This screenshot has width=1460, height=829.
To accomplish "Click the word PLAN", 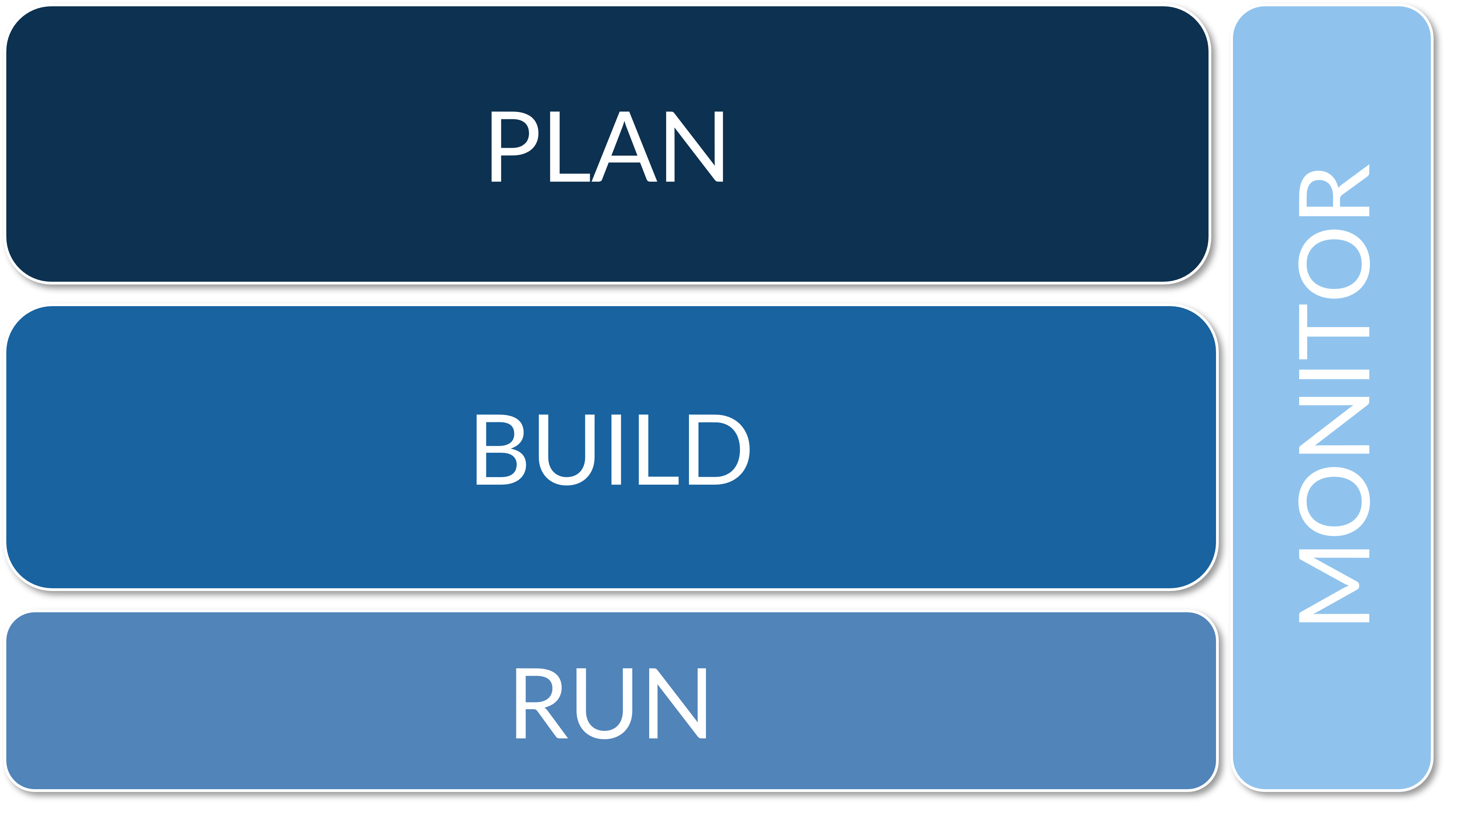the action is (x=607, y=147).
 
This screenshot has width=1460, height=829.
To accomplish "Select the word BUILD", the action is (x=613, y=450).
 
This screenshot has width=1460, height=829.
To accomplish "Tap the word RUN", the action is (x=611, y=704).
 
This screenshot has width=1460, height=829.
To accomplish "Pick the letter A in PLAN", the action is (x=624, y=147).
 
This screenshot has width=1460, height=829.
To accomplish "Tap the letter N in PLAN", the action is (x=695, y=147).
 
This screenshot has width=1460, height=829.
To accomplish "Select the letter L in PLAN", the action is (x=570, y=147).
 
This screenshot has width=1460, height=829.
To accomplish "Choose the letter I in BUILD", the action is (x=616, y=450).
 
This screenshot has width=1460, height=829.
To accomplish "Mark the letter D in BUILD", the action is (x=719, y=450).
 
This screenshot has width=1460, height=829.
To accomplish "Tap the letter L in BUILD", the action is (x=659, y=450).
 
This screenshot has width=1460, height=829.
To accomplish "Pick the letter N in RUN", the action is (x=678, y=704).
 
